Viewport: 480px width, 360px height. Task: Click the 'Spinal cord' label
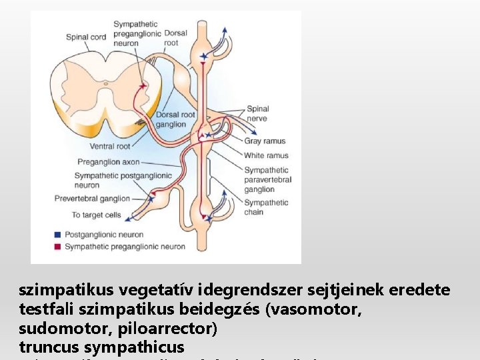86,37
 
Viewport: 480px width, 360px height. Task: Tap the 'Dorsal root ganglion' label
175,120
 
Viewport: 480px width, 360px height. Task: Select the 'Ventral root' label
110,146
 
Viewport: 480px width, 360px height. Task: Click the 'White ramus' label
266,155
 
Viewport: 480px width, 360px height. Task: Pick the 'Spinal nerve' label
257,114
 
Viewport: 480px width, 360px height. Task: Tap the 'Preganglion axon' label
108,161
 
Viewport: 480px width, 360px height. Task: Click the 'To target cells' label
96,215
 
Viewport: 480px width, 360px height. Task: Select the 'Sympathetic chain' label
266,207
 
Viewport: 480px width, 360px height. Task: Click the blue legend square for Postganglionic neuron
58,235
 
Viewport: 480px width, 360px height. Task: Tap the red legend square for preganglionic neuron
58,247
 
